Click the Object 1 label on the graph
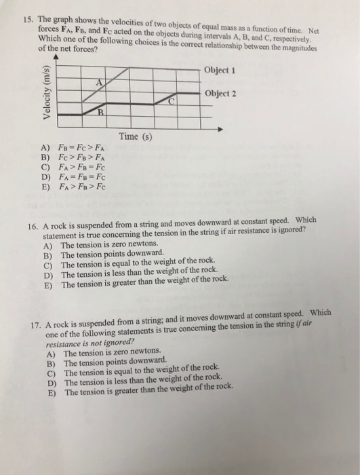[223, 71]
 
